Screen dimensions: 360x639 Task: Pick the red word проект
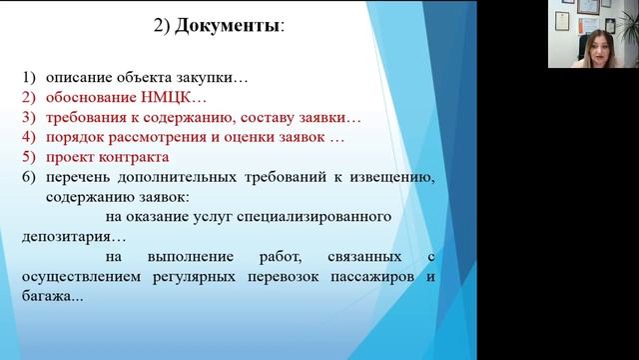(x=69, y=157)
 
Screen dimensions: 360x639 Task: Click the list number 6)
(x=26, y=177)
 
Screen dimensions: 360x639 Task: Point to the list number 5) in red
(x=26, y=157)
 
